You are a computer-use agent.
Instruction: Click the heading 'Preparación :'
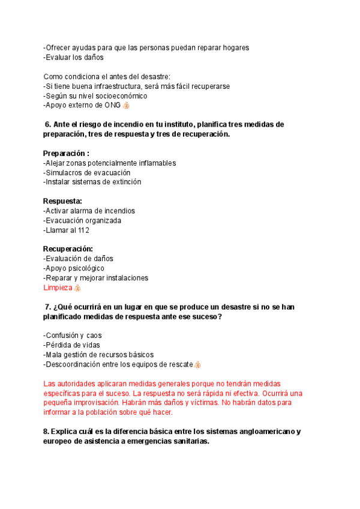point(66,153)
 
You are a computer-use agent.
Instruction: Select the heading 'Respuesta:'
point(62,201)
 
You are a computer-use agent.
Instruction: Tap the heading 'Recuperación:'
point(68,249)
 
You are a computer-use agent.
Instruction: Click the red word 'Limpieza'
point(58,288)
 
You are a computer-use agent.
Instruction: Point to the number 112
point(83,230)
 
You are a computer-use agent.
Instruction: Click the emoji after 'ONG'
point(126,106)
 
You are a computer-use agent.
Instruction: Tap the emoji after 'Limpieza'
point(77,288)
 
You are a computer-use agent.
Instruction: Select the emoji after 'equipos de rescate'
point(197,364)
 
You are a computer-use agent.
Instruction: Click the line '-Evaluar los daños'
point(74,58)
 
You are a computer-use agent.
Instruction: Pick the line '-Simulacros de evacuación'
point(87,173)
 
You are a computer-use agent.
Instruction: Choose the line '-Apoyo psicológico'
point(74,268)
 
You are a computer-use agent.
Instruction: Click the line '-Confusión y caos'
point(73,336)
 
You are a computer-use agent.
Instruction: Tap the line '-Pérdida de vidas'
point(71,345)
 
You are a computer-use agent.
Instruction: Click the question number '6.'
point(49,124)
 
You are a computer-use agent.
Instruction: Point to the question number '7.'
point(49,307)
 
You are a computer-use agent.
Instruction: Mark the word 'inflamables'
point(157,163)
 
